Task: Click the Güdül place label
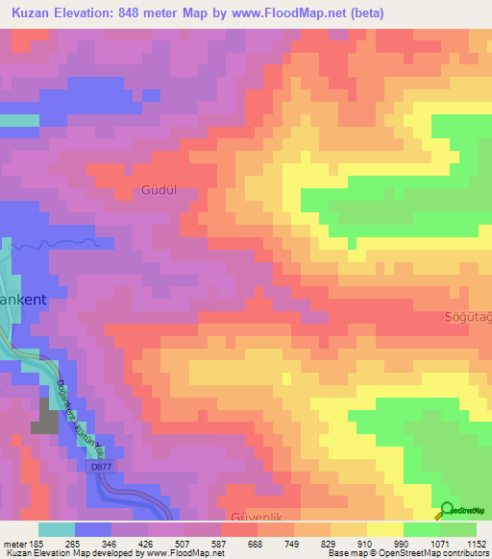point(160,189)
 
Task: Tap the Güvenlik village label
point(256,517)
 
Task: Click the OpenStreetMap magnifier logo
point(446,512)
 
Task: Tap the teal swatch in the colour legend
point(56,529)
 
